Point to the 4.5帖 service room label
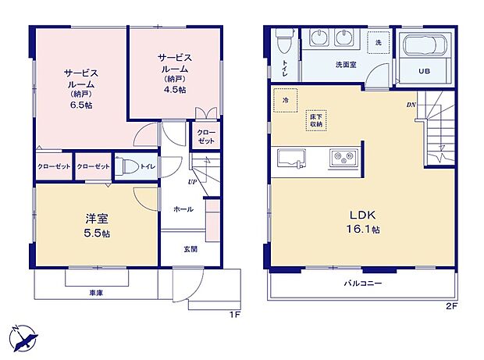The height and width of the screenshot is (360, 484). point(174,74)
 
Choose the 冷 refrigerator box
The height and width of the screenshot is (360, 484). point(286,101)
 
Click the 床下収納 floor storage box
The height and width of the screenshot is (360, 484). point(316,121)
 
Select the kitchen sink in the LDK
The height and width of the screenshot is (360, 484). point(292,158)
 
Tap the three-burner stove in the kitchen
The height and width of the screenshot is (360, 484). point(343,157)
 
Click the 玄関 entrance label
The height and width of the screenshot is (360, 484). point(190,250)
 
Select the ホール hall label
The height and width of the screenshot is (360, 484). point(184,209)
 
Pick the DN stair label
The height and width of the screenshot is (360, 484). point(410,105)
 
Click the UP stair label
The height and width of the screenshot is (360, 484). point(190,183)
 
